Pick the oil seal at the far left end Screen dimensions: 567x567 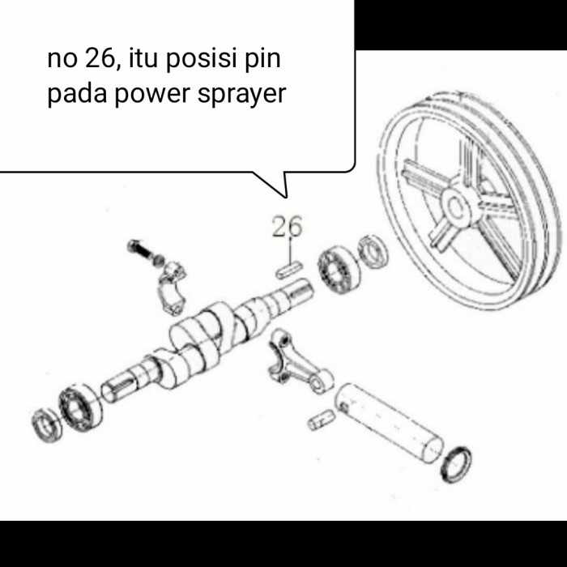click(46, 426)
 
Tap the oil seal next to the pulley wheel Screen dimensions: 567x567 click(373, 250)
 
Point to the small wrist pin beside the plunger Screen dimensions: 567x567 click(322, 419)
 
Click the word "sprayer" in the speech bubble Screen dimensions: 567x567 click(242, 95)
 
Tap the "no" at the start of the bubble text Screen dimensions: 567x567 click(62, 59)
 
